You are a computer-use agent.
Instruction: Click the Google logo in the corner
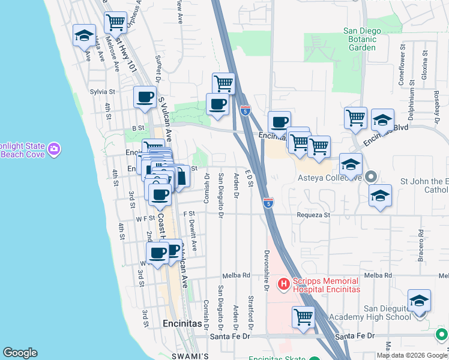point(19,353)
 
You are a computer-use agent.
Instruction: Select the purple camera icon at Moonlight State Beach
point(55,148)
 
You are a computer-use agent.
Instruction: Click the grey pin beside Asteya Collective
point(371,177)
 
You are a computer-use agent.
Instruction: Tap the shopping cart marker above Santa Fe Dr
point(304,316)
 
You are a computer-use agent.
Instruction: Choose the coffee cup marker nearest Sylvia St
point(145,97)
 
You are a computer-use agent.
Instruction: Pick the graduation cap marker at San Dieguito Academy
point(419,300)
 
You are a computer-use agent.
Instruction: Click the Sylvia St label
point(102,92)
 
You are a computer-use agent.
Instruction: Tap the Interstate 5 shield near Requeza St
point(268,203)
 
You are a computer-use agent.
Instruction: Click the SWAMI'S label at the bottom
point(190,356)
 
